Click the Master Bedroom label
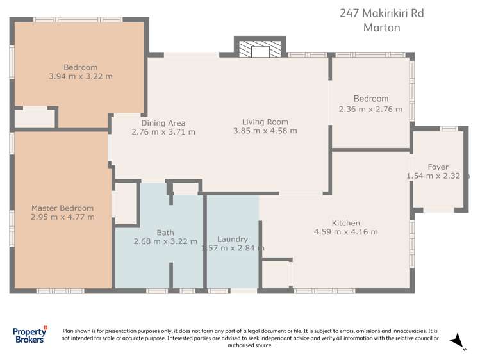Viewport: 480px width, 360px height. click(63, 208)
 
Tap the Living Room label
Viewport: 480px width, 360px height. click(265, 122)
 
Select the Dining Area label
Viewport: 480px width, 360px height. click(163, 123)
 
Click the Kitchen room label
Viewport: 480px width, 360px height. click(345, 223)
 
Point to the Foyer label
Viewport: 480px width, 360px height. click(438, 167)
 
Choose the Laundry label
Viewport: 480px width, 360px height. click(233, 240)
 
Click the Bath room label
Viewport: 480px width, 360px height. click(165, 233)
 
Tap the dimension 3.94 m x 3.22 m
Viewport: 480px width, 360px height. click(80, 76)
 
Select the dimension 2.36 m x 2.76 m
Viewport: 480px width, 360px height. click(370, 109)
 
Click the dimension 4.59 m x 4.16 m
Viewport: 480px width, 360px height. click(345, 232)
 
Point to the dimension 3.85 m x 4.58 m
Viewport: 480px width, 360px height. click(265, 131)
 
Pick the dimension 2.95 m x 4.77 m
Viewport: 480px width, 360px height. click(63, 217)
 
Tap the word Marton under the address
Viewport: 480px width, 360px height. click(381, 28)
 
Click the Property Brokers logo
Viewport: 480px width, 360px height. click(30, 335)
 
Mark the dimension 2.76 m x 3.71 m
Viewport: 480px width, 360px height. click(163, 132)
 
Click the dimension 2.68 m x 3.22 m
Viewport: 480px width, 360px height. click(165, 241)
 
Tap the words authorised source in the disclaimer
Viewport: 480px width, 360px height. click(250, 345)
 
